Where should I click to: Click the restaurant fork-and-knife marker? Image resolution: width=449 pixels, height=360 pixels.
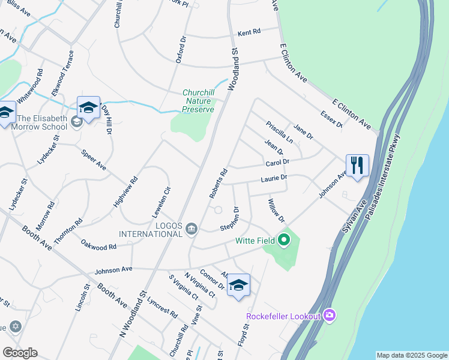357,166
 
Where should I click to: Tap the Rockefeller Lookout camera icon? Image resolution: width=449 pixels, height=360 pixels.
329,314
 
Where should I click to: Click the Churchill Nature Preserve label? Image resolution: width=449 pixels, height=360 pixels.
198,101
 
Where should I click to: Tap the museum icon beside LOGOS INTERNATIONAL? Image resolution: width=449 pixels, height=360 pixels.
191,227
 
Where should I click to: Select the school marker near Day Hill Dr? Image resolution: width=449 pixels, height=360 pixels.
88,108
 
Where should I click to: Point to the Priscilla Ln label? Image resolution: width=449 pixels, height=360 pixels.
280,130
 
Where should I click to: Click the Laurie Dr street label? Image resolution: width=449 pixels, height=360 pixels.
274,178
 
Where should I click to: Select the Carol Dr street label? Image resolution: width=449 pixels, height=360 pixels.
277,163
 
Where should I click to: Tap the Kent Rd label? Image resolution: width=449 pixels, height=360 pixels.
249,32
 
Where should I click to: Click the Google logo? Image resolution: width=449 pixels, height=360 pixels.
20,353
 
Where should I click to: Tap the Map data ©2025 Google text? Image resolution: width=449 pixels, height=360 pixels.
412,355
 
